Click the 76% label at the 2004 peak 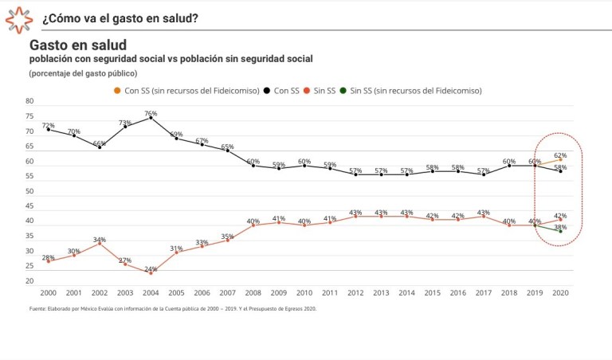coord(151,113)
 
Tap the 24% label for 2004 coord(151,271)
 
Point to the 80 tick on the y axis coord(29,102)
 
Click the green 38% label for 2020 coord(560,228)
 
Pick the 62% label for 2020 coord(560,155)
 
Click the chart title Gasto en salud coord(78,45)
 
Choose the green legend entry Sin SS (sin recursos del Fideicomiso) coord(415,91)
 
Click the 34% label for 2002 coord(100,240)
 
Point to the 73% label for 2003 coord(125,123)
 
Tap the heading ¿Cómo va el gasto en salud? coord(120,18)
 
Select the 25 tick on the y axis coord(29,267)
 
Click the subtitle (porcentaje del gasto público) coord(84,73)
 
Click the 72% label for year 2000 coord(48,125)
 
